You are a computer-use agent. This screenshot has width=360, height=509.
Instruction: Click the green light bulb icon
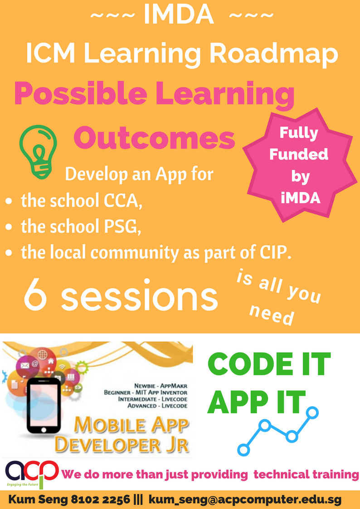point(38,151)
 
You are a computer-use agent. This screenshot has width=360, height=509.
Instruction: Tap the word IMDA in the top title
point(179,15)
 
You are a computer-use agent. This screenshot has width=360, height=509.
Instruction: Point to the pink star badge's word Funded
point(299,155)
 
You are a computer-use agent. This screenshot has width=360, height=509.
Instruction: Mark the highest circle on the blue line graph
point(312,412)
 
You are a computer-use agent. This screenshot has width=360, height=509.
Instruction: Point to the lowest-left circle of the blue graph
point(244,450)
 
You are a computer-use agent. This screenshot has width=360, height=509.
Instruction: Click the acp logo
point(32,475)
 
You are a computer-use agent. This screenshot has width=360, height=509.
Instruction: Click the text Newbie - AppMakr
point(161,386)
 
